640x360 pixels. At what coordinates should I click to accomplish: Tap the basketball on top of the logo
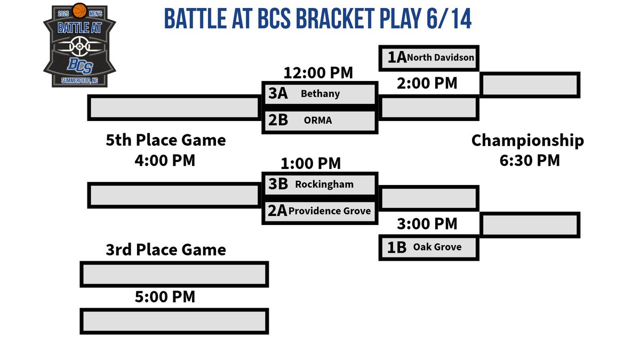point(79,10)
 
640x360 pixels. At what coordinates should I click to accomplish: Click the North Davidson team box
point(429,58)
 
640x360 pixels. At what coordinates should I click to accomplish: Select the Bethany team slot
point(320,94)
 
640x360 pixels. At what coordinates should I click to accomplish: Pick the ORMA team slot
point(320,121)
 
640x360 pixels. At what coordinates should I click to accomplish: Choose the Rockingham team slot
point(320,185)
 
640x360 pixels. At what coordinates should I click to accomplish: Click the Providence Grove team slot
point(320,211)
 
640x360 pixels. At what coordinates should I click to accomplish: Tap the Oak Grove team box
point(429,247)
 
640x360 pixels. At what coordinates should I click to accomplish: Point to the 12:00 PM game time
point(318,73)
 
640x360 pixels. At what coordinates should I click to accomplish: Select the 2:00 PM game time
point(427,83)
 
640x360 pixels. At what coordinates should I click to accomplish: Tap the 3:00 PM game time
point(427,224)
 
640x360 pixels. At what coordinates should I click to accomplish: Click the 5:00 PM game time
point(165,297)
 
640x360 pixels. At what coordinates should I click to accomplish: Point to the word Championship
point(527,141)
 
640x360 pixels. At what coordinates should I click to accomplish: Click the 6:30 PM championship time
point(530,160)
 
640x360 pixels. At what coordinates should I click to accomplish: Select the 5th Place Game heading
point(166,141)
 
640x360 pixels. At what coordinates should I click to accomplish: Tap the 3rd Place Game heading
point(166,250)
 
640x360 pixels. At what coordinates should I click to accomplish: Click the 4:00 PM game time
point(165,160)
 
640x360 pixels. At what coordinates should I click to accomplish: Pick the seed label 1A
point(397,58)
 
